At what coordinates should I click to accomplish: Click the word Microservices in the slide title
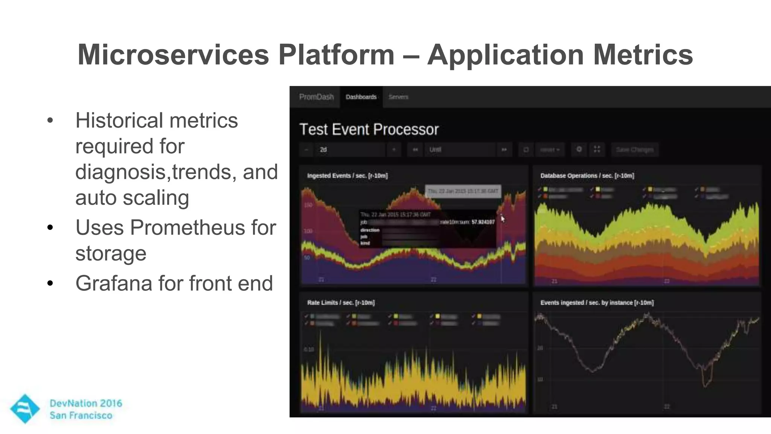pyautogui.click(x=173, y=55)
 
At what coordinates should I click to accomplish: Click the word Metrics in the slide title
pyautogui.click(x=643, y=55)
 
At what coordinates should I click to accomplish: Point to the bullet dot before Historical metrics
pyautogui.click(x=50, y=121)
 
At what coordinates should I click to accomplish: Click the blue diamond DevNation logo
pyautogui.click(x=24, y=409)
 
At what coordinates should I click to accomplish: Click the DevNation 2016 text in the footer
pyautogui.click(x=86, y=403)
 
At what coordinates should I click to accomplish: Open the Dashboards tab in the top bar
pyautogui.click(x=361, y=97)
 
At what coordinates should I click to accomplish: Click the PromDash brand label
pyautogui.click(x=316, y=97)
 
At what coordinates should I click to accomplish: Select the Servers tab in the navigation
pyautogui.click(x=398, y=97)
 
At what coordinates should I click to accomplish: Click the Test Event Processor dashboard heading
pyautogui.click(x=369, y=130)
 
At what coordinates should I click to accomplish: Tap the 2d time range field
pyautogui.click(x=350, y=150)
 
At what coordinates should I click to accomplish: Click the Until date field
pyautogui.click(x=459, y=150)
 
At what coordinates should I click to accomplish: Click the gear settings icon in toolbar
pyautogui.click(x=579, y=150)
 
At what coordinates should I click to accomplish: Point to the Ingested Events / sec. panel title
pyautogui.click(x=347, y=176)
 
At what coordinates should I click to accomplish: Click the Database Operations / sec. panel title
pyautogui.click(x=587, y=176)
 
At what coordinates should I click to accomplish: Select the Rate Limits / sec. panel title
pyautogui.click(x=341, y=303)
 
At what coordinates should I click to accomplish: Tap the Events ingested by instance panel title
pyautogui.click(x=597, y=303)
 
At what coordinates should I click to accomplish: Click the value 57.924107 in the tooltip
pyautogui.click(x=483, y=222)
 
